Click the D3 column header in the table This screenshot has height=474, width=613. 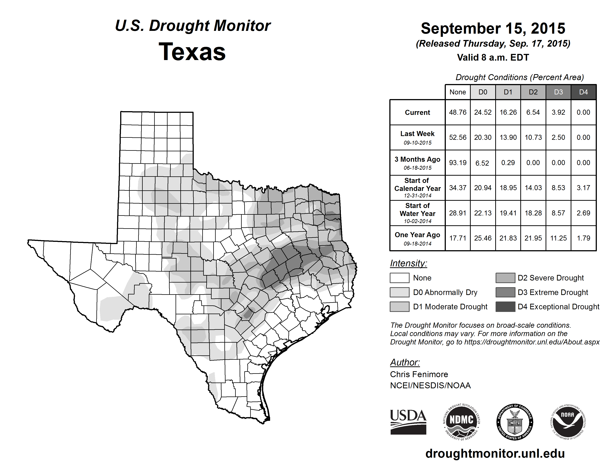558,92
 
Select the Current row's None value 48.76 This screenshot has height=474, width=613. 458,112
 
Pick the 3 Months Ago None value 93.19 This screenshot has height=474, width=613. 458,163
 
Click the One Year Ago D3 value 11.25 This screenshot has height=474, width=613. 558,238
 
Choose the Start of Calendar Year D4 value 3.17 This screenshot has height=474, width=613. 583,188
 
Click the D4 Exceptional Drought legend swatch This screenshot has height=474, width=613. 505,307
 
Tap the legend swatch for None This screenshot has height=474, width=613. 399,278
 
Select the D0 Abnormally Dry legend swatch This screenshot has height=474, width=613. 399,292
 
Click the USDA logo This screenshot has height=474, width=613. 408,422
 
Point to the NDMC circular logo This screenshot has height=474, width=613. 461,422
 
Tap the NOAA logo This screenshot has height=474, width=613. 567,422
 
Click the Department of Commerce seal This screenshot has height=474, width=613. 515,422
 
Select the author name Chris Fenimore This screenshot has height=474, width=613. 419,374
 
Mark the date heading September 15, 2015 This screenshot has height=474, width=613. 493,28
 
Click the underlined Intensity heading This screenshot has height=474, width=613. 408,263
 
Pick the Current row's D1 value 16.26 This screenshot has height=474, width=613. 508,112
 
